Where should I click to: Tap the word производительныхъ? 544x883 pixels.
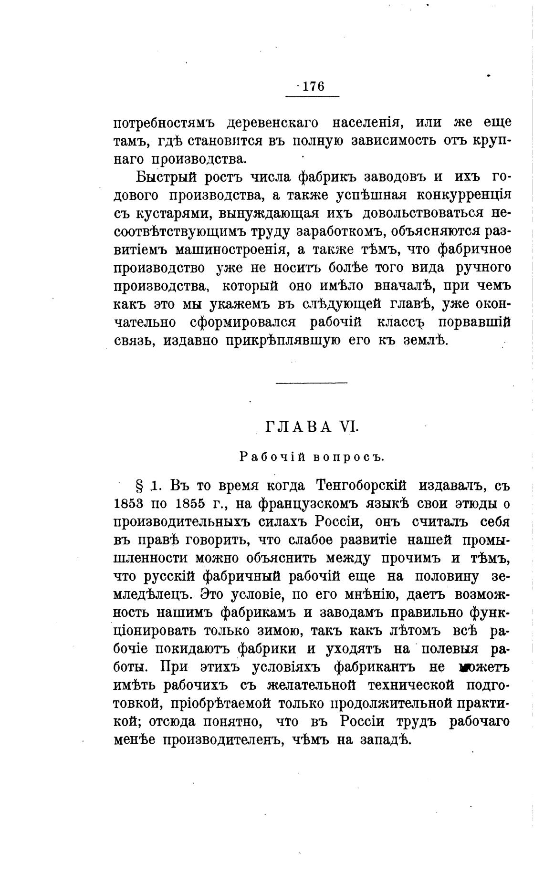(x=182, y=522)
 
